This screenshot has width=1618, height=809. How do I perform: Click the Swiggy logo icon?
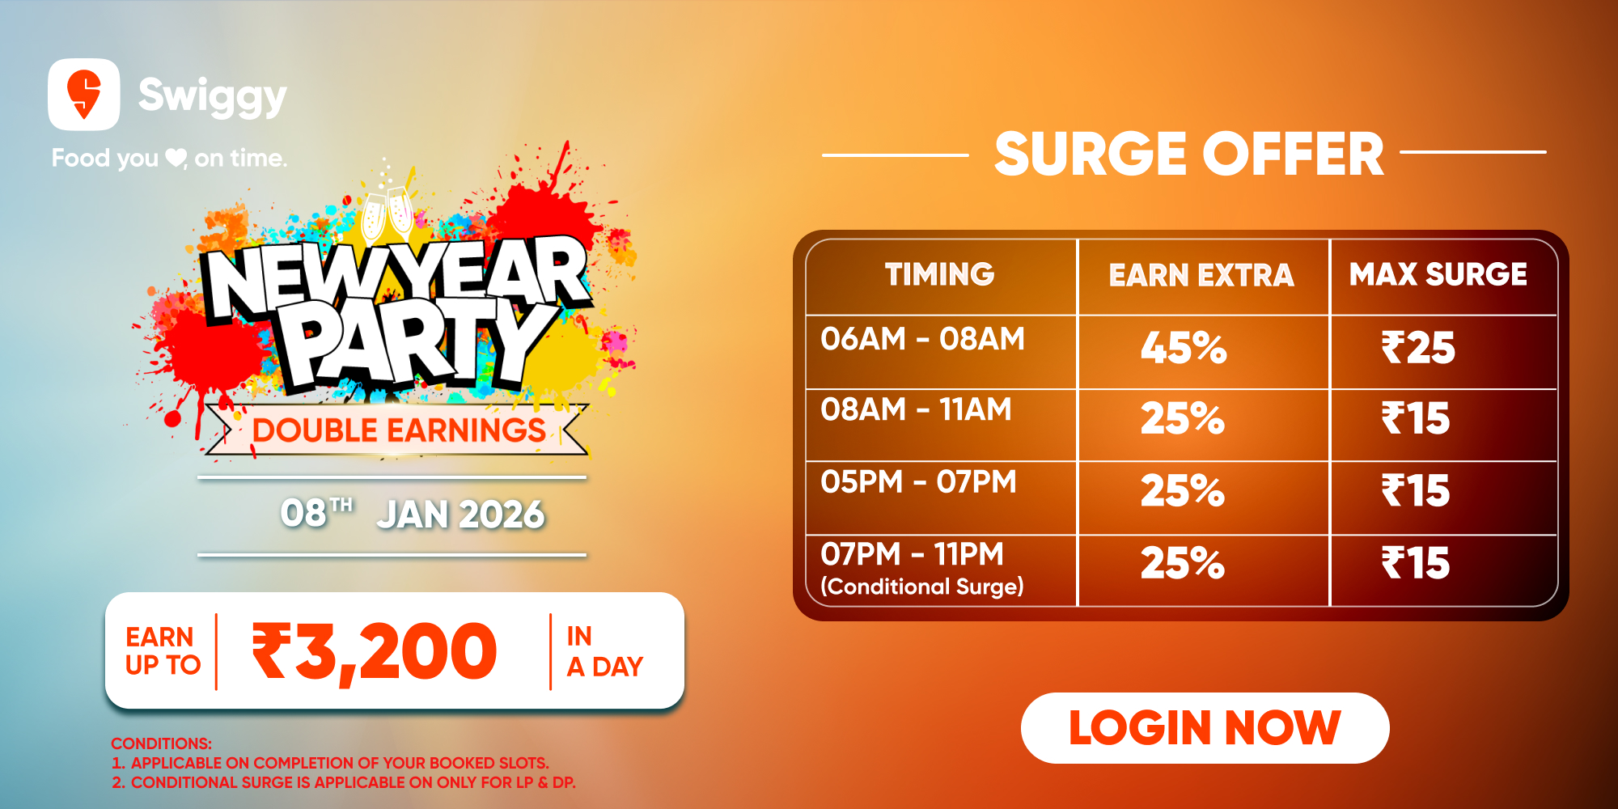tap(84, 94)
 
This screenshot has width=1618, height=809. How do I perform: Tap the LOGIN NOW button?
tap(1205, 727)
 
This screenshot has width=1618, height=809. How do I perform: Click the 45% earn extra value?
tap(1184, 348)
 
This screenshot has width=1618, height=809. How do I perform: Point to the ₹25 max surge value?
tap(1418, 348)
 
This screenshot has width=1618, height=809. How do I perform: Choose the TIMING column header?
tap(940, 274)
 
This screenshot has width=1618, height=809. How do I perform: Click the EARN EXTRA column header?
tap(1201, 275)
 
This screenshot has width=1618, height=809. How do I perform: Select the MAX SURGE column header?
tap(1438, 274)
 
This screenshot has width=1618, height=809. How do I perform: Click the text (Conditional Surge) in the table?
tap(922, 587)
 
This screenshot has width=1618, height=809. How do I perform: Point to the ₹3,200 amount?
tap(375, 652)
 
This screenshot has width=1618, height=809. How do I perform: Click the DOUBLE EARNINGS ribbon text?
tap(399, 430)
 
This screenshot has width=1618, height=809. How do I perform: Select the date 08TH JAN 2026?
tap(413, 515)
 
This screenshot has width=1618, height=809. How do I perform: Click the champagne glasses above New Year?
tap(387, 215)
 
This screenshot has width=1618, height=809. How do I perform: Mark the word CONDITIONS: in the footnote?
tap(161, 743)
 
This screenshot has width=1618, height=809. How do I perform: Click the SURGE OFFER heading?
tap(1189, 154)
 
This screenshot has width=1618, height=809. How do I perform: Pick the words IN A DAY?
tap(604, 651)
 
